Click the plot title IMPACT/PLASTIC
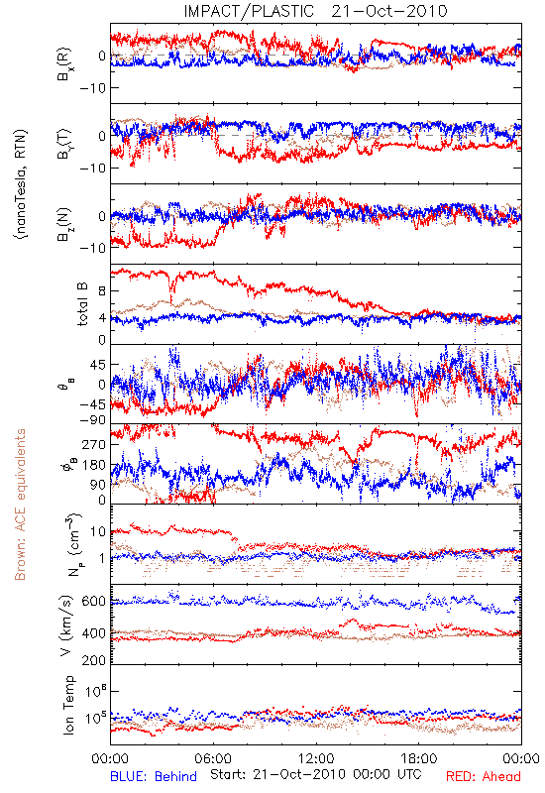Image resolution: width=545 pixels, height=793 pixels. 249,11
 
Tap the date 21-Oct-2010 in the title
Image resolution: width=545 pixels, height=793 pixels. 389,11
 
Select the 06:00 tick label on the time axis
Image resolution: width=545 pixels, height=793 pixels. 213,758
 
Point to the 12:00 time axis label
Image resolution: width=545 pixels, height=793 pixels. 316,758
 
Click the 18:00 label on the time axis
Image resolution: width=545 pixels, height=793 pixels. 419,758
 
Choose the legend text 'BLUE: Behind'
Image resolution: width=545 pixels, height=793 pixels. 154,776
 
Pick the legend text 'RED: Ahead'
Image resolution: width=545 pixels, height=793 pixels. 484,776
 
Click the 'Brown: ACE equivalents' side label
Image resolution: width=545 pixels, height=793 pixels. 20,505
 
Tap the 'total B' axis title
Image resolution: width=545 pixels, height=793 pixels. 82,304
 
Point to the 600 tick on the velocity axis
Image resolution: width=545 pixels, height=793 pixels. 94,602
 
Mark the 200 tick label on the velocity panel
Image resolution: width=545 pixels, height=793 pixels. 94,660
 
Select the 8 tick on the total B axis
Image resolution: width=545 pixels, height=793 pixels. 102,291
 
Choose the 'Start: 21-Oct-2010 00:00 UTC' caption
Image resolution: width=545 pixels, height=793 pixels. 316,774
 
